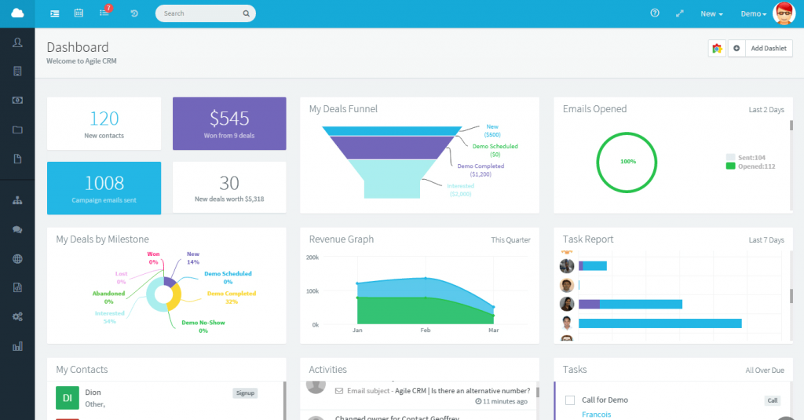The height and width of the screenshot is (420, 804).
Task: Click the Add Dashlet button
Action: coord(768,49)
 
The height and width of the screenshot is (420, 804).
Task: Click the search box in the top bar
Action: coord(204,13)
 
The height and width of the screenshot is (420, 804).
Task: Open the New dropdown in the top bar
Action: coord(711,14)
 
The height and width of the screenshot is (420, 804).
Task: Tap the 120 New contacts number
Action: coord(104,119)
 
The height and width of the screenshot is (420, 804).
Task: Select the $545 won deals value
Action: coord(229,119)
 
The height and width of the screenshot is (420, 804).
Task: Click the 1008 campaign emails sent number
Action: coord(104,183)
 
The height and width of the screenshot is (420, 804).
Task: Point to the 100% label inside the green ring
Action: coord(628,161)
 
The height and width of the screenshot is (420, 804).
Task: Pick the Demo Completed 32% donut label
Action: coord(231,297)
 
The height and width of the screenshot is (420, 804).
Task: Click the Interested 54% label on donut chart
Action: coord(110,316)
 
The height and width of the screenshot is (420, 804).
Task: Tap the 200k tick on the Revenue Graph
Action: coord(312,257)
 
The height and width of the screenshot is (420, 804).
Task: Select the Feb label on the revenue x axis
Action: coord(426,331)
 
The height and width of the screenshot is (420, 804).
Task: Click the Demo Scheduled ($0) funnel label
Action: coord(495,150)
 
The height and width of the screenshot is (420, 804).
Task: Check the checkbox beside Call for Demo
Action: coord(570,400)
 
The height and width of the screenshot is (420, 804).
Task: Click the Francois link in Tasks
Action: coord(596,415)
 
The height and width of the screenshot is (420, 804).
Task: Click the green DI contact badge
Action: coord(68,398)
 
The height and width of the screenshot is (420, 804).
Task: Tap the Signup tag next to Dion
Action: coord(245,393)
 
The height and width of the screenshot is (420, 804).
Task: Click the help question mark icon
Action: coord(655,13)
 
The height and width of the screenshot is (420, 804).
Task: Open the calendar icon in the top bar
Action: coord(79,13)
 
